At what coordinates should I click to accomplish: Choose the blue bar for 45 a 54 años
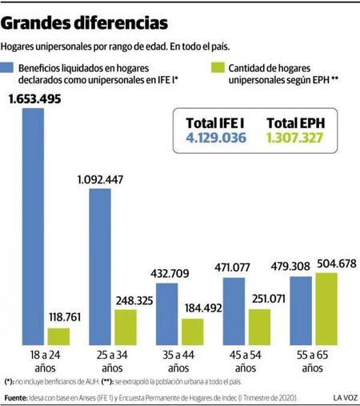pyautogui.click(x=234, y=312)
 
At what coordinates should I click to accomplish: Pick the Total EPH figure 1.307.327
pyautogui.click(x=294, y=139)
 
